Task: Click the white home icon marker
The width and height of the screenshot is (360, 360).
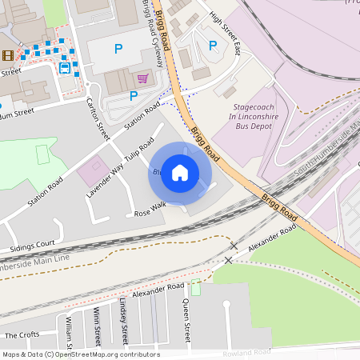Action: point(180,173)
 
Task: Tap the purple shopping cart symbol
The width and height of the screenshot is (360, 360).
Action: point(142,78)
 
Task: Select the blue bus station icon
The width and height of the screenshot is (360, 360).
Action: point(64,68)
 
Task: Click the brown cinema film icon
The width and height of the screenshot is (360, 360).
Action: point(8,54)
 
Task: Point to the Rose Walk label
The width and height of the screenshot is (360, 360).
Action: point(149,209)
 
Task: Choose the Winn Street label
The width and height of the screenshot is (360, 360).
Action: point(97,324)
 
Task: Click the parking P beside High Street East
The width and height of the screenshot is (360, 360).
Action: point(212,46)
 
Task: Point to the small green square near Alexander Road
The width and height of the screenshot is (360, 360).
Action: point(196,288)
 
